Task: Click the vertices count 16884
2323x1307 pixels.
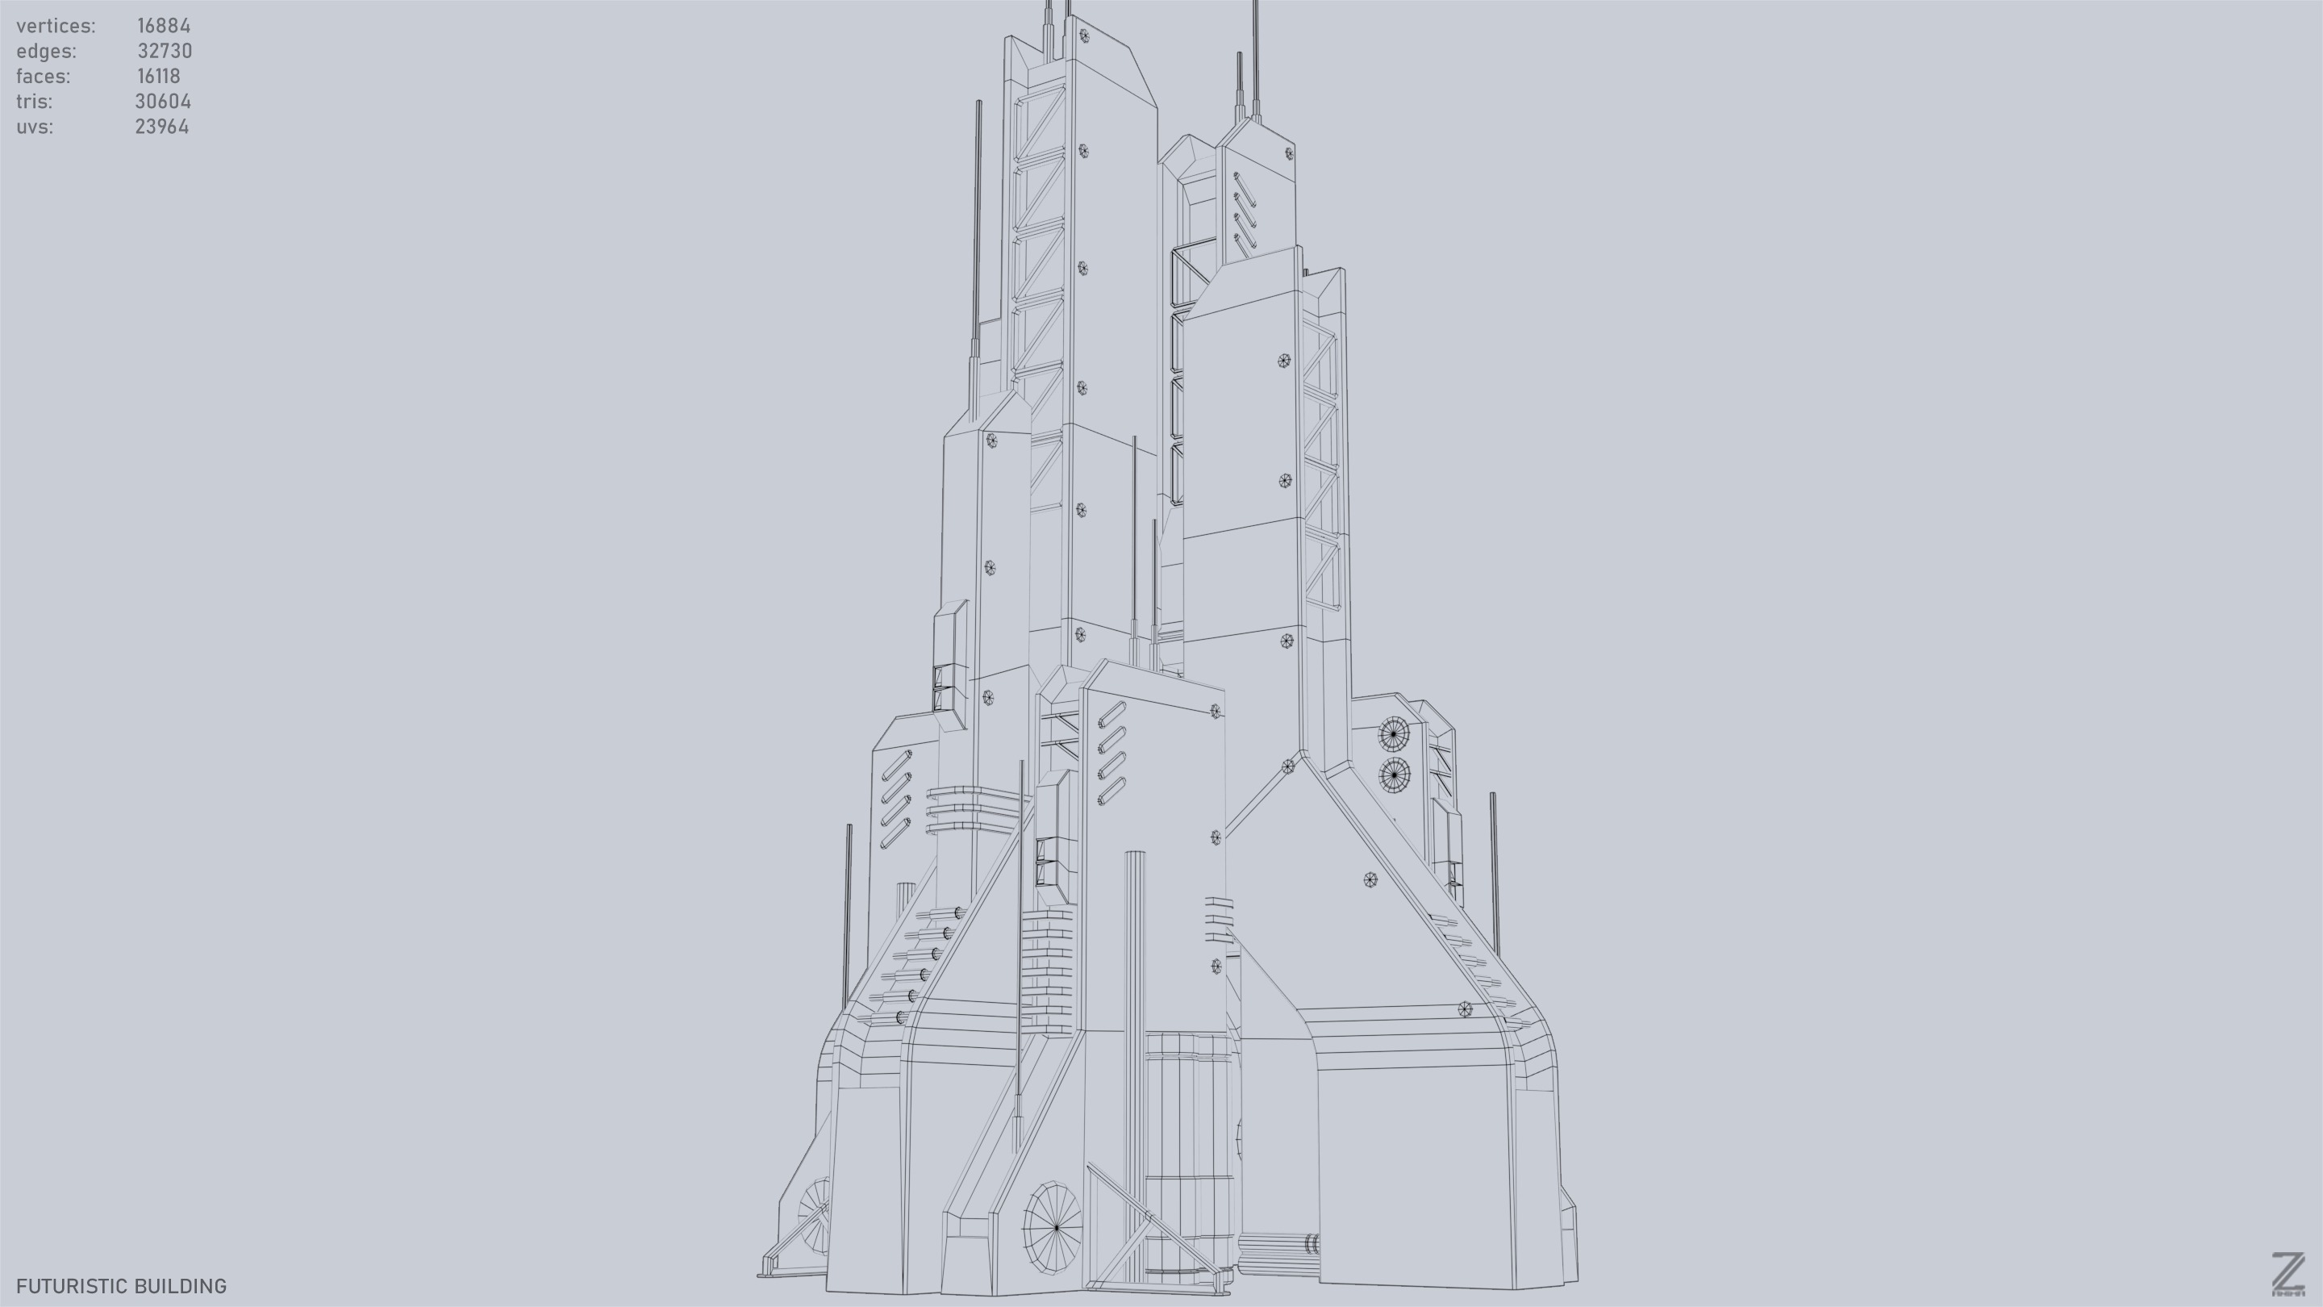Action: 163,26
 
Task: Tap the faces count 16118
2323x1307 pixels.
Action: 159,77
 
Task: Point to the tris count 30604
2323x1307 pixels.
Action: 162,102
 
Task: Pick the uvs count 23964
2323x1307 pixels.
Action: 161,127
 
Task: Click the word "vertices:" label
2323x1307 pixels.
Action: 56,26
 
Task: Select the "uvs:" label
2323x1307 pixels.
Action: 34,127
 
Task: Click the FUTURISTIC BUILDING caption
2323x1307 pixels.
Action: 122,1286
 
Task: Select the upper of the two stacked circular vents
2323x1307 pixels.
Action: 1393,734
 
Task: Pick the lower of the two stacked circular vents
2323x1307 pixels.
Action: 1394,775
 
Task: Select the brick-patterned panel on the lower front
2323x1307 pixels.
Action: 1046,970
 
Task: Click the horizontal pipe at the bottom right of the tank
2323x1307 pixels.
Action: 1276,1246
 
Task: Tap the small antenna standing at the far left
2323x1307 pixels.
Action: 848,911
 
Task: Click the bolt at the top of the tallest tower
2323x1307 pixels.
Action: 1084,36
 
